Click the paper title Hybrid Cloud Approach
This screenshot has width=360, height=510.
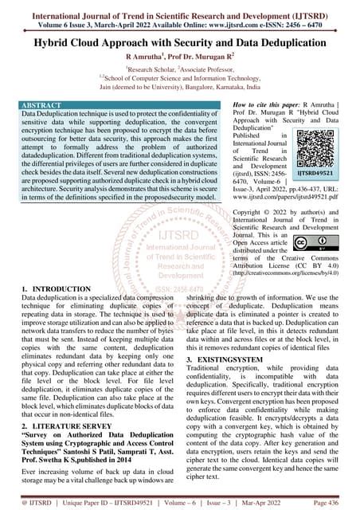(180, 40)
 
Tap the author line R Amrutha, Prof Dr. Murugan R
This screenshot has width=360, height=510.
(180, 57)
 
